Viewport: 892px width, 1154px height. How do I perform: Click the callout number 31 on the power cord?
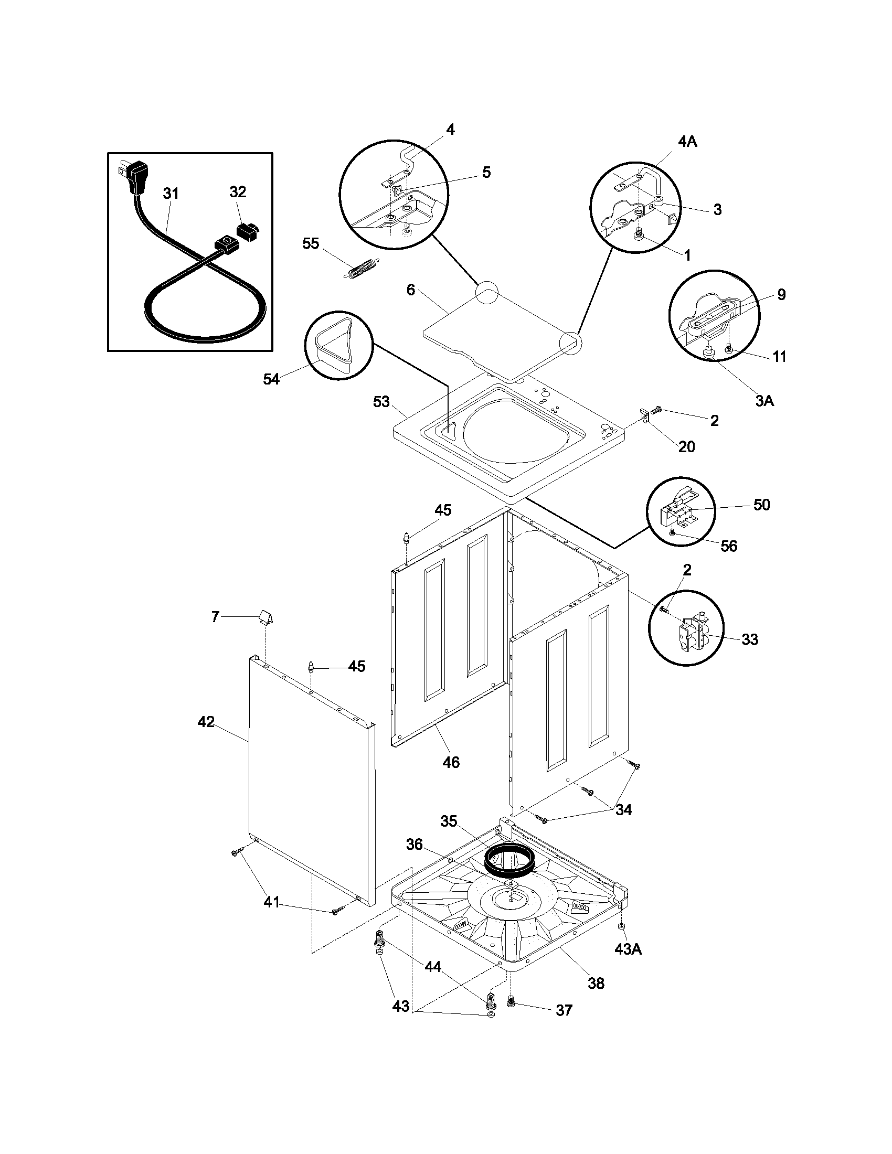[x=170, y=194]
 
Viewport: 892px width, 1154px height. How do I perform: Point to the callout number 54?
[x=271, y=379]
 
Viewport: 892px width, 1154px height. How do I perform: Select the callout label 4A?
[x=687, y=141]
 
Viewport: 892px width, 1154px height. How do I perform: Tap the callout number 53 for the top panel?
[x=381, y=402]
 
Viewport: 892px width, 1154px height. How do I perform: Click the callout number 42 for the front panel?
[x=206, y=722]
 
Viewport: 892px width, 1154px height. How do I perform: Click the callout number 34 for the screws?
[x=623, y=809]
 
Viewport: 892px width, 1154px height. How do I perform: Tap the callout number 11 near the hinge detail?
[x=779, y=357]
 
